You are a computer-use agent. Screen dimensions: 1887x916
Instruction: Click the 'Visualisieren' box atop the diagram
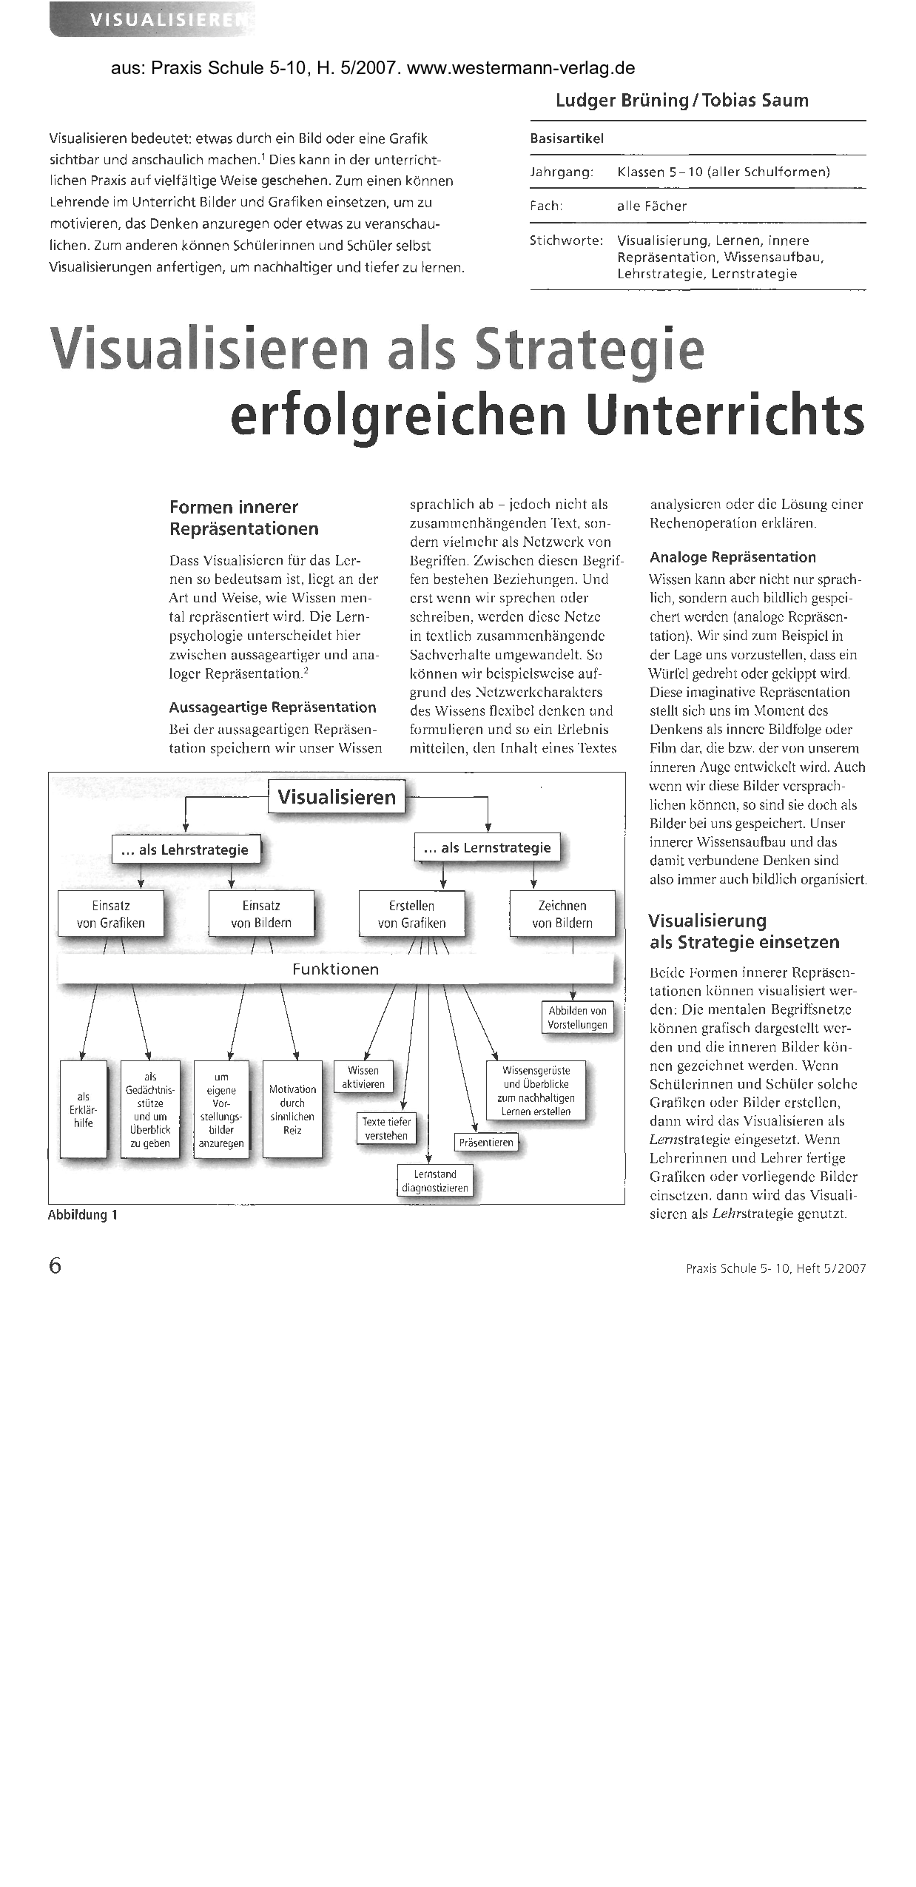(337, 798)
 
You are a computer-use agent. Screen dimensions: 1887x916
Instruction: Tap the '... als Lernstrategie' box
(488, 848)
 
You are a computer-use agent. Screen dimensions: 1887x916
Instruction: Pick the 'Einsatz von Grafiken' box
(111, 914)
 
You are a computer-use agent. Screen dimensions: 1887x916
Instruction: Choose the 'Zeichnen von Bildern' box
(562, 914)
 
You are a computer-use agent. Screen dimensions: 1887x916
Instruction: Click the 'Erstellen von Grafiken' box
(412, 914)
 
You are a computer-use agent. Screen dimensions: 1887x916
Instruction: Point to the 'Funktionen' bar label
(335, 969)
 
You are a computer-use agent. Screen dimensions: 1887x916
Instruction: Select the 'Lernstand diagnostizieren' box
(435, 1181)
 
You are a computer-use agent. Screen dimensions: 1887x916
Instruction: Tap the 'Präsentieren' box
(486, 1143)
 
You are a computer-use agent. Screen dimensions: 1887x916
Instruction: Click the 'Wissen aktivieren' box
(363, 1077)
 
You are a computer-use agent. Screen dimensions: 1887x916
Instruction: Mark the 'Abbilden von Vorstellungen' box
(578, 1017)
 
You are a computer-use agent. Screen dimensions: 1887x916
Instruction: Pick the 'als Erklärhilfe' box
(84, 1110)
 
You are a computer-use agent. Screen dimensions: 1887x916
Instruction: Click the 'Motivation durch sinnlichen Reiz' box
(292, 1109)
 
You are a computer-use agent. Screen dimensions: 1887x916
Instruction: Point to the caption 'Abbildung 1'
(83, 1215)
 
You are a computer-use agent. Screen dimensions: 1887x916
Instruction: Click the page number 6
(55, 1266)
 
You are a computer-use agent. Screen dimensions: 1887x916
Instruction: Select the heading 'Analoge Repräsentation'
(733, 557)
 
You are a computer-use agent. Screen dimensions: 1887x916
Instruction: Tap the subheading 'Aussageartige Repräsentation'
(272, 707)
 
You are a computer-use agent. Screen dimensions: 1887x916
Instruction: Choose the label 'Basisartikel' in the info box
(567, 138)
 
